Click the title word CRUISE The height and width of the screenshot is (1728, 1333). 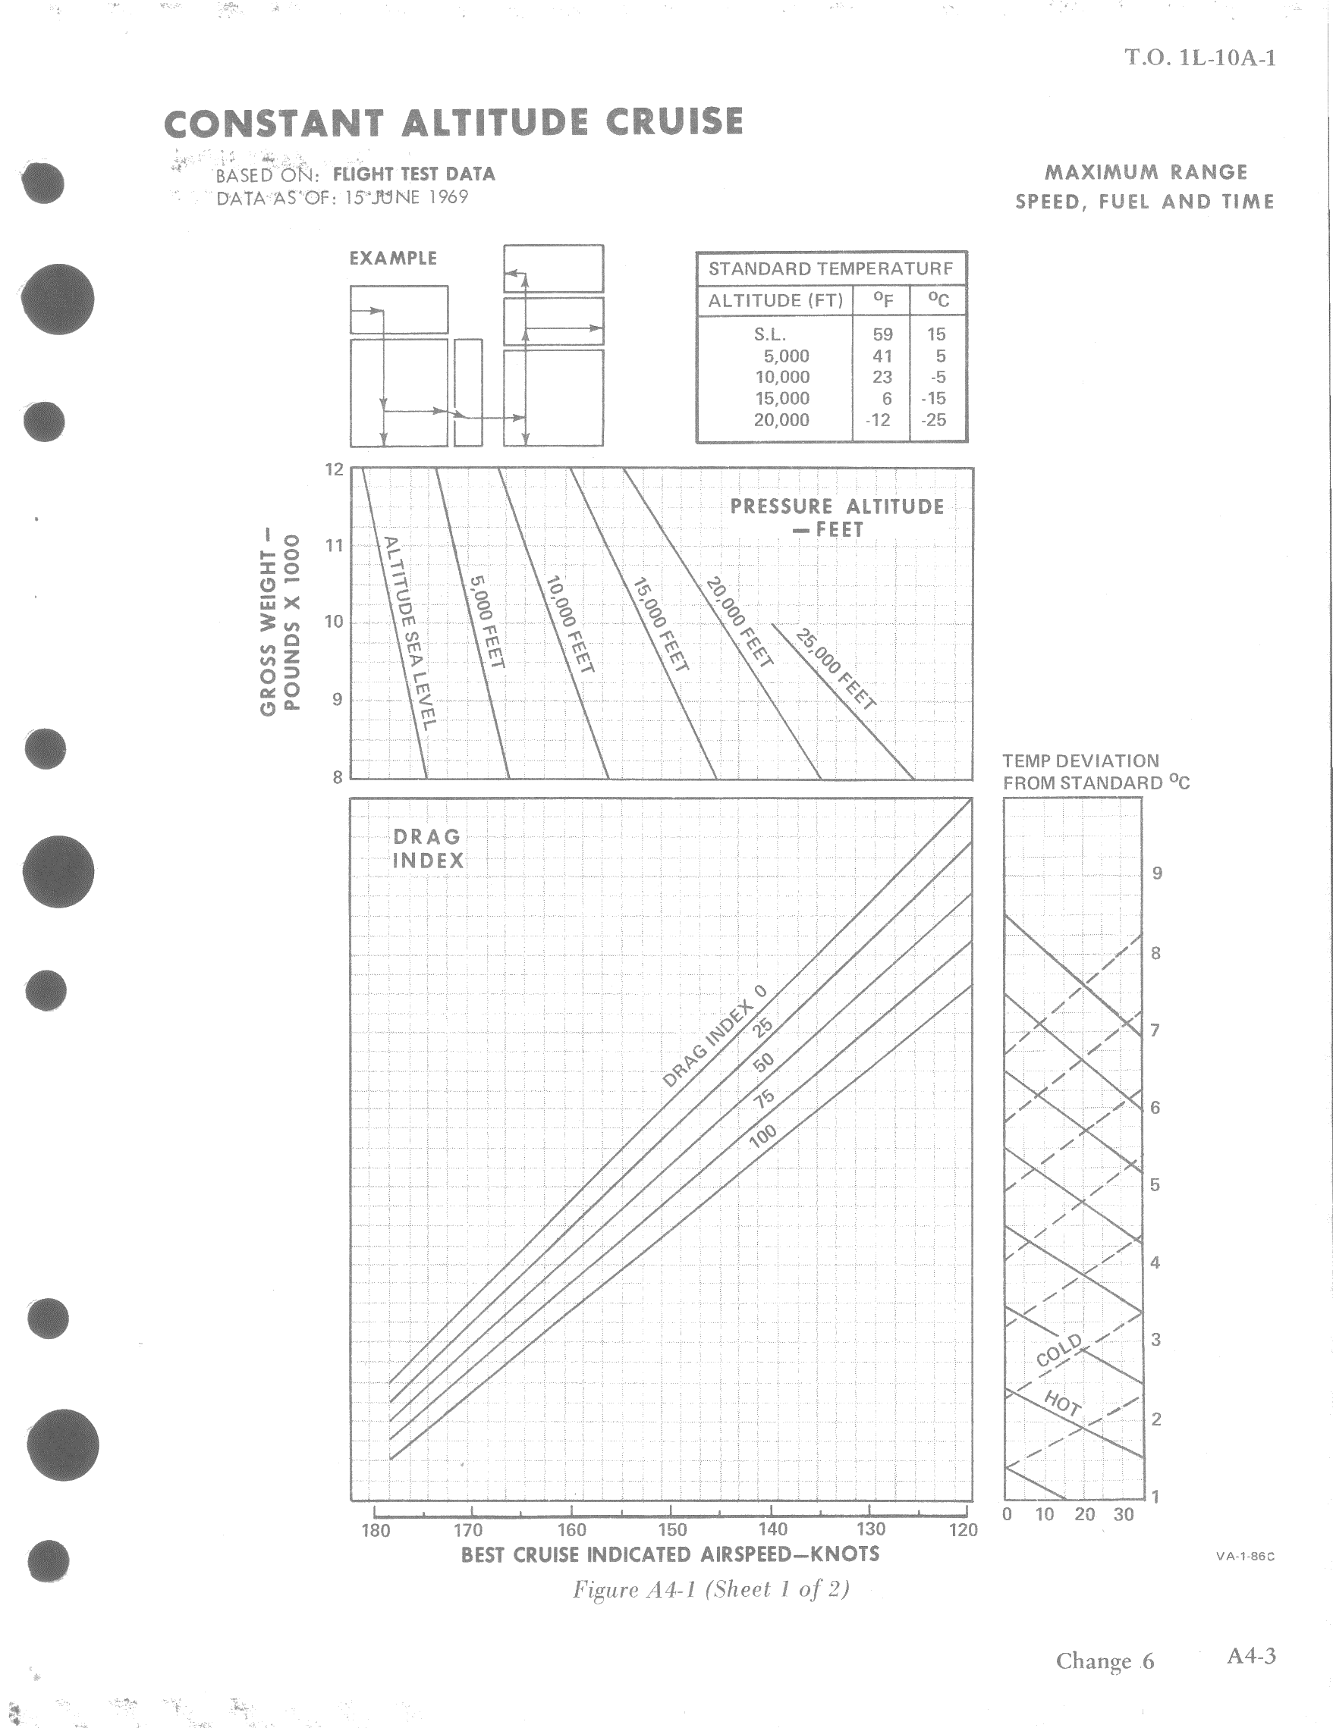[674, 123]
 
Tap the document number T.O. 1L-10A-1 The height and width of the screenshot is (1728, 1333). [1200, 58]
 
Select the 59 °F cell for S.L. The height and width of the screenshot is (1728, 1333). [882, 334]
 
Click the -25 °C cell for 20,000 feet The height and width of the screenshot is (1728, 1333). [934, 420]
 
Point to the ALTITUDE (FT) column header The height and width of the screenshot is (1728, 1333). [775, 301]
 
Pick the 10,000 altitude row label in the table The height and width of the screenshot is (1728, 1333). [782, 378]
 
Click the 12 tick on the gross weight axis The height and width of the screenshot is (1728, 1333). [335, 470]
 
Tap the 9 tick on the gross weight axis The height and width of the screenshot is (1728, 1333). [337, 699]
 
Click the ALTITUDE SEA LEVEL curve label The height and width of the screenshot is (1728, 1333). [409, 633]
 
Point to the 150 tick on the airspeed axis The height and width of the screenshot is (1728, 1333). [672, 1530]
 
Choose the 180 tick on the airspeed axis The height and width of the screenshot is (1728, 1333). [376, 1530]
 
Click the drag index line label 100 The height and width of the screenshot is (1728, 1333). [762, 1137]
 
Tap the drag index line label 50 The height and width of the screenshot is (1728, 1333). [763, 1062]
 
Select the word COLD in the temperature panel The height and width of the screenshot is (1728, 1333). [1058, 1350]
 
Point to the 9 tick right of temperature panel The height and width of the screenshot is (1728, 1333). [1157, 873]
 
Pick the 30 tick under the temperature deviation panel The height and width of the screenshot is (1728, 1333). [1124, 1514]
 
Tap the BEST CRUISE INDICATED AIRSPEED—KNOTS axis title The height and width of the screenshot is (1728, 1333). [670, 1554]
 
